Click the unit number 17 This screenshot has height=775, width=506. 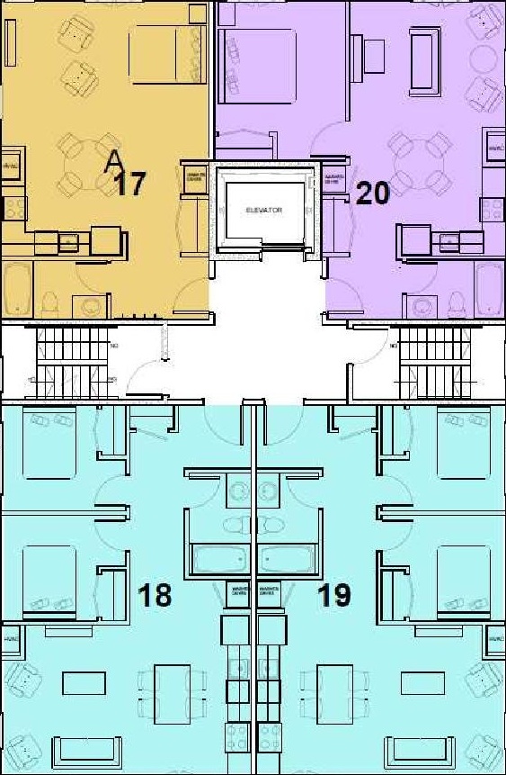tap(130, 185)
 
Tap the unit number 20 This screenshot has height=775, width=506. tap(373, 193)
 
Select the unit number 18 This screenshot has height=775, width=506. tap(155, 594)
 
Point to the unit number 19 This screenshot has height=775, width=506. tap(333, 594)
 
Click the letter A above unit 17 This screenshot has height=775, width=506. tap(114, 160)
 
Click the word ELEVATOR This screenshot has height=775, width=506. tap(264, 210)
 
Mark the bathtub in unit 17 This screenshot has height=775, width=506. tap(17, 290)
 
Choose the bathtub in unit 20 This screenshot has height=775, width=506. tap(489, 290)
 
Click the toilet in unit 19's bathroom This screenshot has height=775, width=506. tap(273, 525)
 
